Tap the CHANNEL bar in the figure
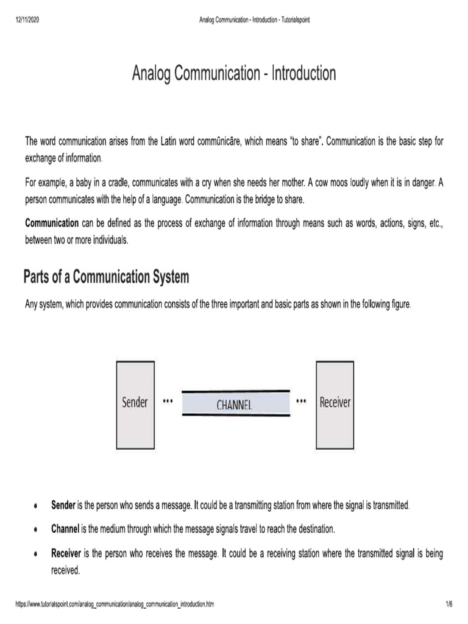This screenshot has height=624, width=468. coord(235,403)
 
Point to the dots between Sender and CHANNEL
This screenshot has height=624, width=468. coord(168,402)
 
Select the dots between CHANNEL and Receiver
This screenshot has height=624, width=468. coord(301,402)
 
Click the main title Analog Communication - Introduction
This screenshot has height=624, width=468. coord(234,74)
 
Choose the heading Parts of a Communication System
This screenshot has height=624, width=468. coord(106,277)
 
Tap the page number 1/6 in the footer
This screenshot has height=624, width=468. coord(448,604)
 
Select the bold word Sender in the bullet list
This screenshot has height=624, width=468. coord(63,506)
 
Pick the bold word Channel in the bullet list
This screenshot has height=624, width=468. coord(65,530)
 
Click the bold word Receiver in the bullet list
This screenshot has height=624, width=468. coord(66,554)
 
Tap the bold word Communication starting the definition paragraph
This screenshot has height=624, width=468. coord(52,223)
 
